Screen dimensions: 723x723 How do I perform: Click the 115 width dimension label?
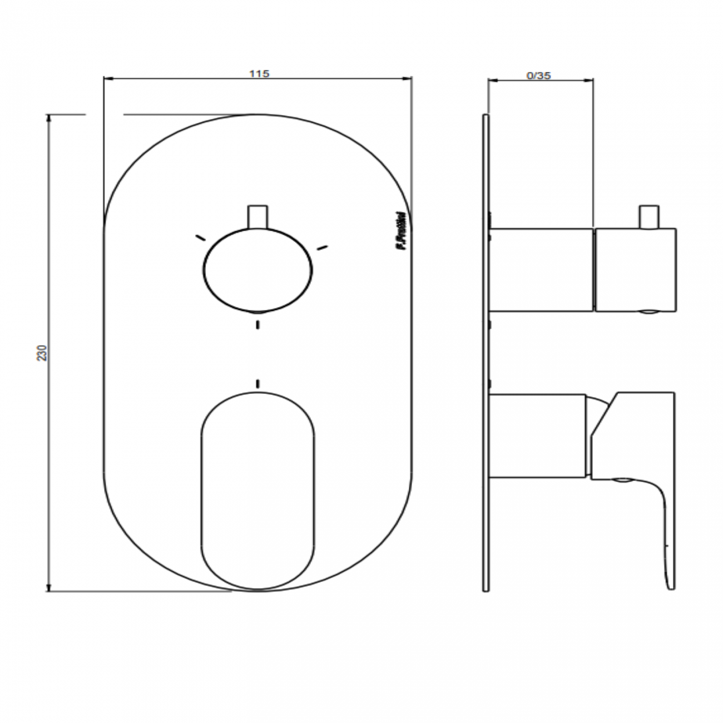click(259, 73)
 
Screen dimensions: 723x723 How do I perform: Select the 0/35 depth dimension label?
click(538, 76)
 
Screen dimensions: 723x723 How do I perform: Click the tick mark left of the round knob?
click(199, 237)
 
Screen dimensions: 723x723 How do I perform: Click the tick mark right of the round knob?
click(322, 247)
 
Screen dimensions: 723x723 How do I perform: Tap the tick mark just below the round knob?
click(257, 324)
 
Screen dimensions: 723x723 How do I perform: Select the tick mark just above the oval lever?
click(257, 383)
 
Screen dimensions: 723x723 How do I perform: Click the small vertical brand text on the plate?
click(399, 234)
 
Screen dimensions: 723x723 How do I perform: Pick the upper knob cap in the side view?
click(635, 269)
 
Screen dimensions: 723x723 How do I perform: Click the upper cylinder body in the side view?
click(541, 269)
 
